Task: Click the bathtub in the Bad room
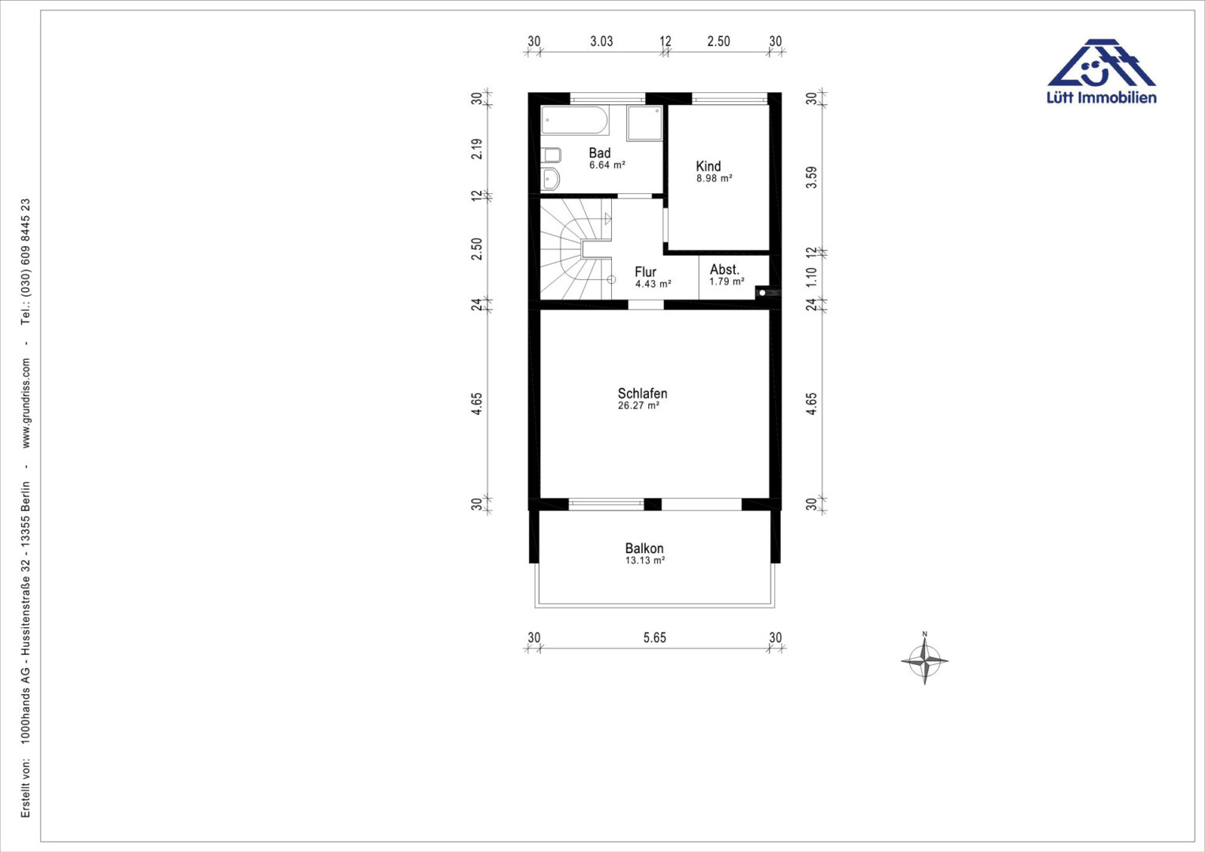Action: point(575,119)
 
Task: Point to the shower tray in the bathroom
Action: point(644,123)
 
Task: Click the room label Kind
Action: point(708,166)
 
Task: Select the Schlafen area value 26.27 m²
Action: point(639,405)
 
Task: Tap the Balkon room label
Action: point(644,548)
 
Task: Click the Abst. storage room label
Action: point(725,270)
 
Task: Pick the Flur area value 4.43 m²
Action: point(653,284)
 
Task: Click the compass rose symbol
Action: point(925,660)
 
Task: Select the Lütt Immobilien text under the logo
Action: point(1101,98)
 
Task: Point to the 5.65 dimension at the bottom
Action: point(655,637)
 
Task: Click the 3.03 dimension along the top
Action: point(602,42)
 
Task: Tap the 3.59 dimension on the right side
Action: point(811,177)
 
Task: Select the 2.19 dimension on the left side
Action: point(476,148)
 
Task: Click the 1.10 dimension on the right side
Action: point(811,277)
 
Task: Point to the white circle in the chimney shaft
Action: point(763,293)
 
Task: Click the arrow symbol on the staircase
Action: point(608,219)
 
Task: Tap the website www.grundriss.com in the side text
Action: point(26,403)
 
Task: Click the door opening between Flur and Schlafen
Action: point(646,305)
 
